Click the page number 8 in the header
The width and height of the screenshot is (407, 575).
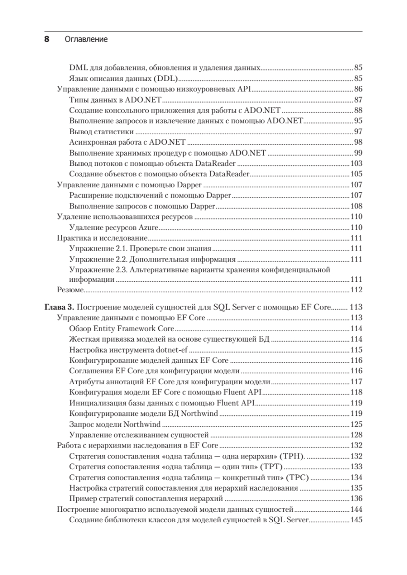[x=47, y=40]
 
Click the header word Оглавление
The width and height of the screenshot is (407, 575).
[x=86, y=40]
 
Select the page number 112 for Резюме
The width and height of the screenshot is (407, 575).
[x=356, y=289]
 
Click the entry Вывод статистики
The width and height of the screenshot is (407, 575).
[x=101, y=131]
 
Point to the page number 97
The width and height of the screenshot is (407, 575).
[x=358, y=131]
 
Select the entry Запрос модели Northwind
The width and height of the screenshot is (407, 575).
[x=115, y=424]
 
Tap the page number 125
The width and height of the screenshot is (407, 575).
[x=356, y=424]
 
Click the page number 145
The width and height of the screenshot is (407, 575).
[x=356, y=520]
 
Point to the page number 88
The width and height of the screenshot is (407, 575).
[x=358, y=110]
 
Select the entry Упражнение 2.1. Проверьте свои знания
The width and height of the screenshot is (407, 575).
[x=140, y=249]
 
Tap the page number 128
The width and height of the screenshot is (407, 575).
[x=356, y=435]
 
